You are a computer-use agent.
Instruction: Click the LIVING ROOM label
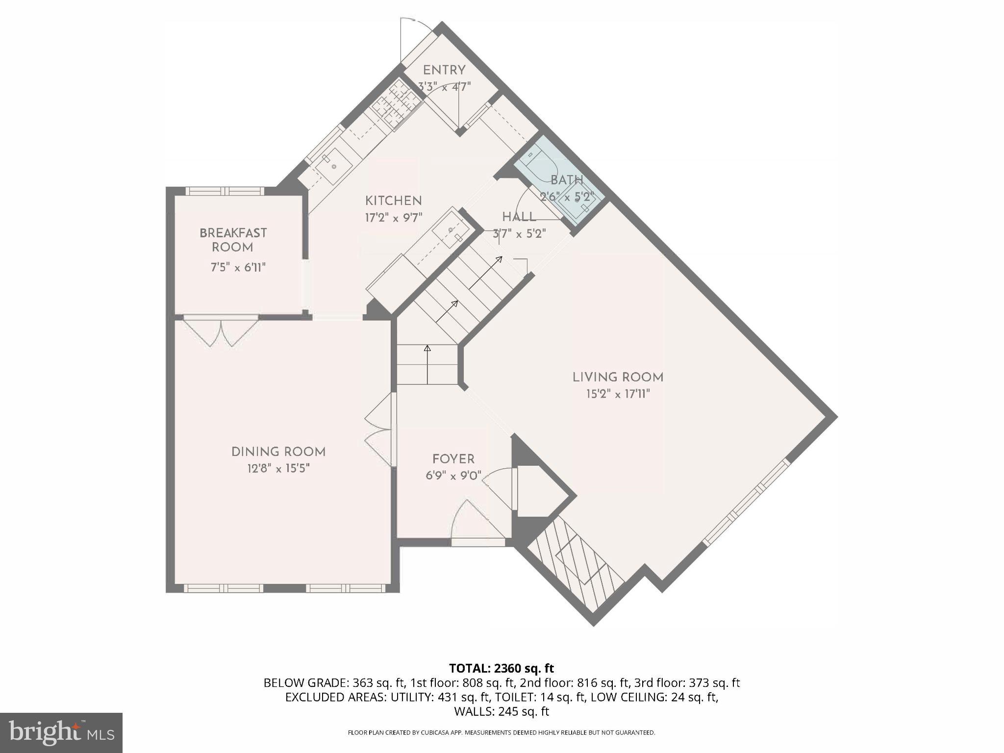tap(618, 377)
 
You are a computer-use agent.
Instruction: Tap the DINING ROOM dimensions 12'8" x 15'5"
tap(278, 469)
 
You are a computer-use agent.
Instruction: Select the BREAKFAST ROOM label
tap(233, 240)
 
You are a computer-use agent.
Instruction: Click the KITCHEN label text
tap(393, 201)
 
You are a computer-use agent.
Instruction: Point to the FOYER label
tap(453, 459)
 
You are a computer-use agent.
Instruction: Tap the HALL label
tap(519, 217)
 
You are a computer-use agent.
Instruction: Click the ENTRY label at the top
tap(444, 70)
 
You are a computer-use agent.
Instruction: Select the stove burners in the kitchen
tap(396, 104)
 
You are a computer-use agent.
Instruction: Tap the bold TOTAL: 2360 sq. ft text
tap(501, 668)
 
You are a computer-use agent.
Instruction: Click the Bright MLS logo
tap(61, 732)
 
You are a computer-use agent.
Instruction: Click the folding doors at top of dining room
tap(221, 332)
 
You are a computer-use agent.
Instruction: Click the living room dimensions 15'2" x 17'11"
tap(618, 394)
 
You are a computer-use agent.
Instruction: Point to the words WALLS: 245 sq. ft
tap(501, 711)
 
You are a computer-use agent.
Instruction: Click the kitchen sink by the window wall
tap(333, 166)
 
